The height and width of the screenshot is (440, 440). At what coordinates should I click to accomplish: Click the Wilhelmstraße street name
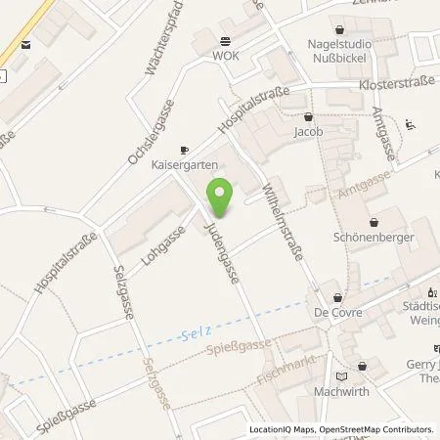(282, 222)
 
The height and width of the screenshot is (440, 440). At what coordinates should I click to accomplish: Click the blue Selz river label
(197, 334)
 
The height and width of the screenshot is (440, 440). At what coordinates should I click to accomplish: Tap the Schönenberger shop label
(374, 237)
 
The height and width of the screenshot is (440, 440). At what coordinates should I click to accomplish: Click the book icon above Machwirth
(340, 374)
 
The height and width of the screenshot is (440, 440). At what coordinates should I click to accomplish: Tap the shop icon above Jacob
(304, 115)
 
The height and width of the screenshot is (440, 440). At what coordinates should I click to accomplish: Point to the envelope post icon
(24, 44)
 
